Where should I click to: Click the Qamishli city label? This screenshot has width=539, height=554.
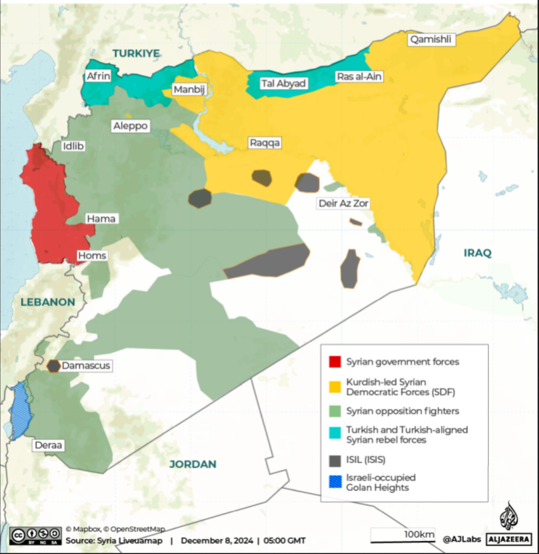click(431, 39)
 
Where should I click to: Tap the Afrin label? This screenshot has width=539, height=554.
click(98, 76)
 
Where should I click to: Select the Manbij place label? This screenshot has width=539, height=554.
click(189, 90)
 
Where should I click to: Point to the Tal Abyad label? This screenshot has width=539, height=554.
click(283, 83)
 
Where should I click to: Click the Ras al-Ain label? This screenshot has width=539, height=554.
click(359, 76)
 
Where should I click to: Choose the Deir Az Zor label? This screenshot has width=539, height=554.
click(343, 203)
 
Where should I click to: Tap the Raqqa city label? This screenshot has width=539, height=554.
click(264, 143)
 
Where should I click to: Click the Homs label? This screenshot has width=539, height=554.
click(92, 256)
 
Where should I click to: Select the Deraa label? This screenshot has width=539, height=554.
click(48, 445)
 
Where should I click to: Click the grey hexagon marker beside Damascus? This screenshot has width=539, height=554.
click(53, 366)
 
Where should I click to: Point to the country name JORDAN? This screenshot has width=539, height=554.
click(193, 464)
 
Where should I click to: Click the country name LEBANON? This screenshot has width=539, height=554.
click(48, 302)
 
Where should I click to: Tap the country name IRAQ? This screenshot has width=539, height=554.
click(477, 253)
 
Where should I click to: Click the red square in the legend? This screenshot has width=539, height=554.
click(335, 362)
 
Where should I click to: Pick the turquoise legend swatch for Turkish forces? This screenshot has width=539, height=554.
click(335, 433)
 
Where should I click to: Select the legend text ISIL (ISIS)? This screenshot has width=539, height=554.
click(365, 460)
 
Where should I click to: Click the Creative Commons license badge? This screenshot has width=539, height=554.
click(36, 536)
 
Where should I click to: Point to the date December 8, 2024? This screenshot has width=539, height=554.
click(217, 541)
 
